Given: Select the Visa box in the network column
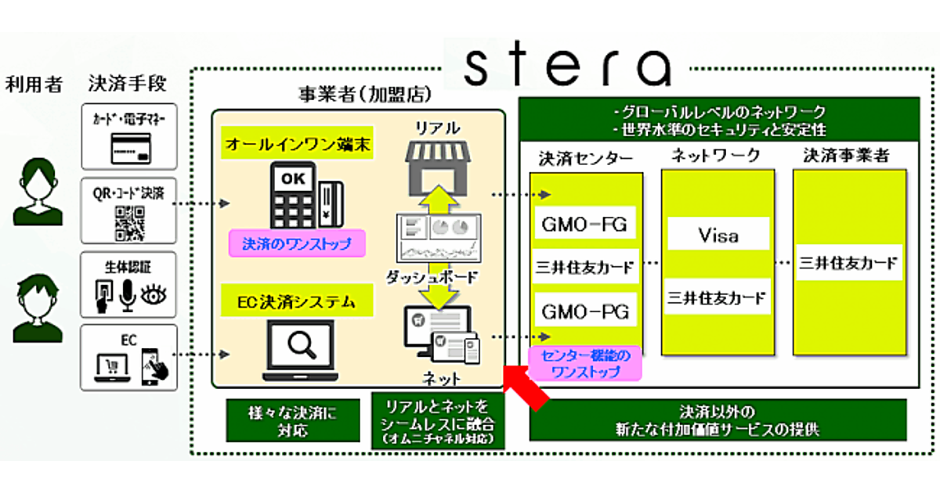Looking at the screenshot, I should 718,236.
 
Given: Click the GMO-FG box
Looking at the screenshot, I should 585,225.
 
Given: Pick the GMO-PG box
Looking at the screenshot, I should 585,311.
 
